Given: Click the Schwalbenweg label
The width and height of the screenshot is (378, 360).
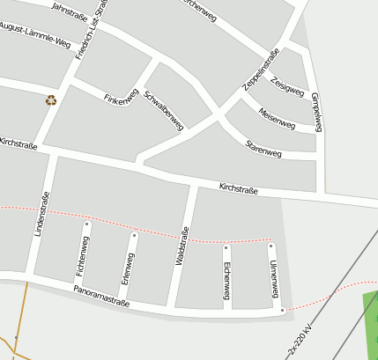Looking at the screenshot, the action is point(163,110).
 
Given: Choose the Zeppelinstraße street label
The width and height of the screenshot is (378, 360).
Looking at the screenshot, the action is point(262,70).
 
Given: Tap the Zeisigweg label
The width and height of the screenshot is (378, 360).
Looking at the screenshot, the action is point(288,86).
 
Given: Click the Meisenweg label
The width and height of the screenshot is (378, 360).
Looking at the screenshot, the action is point(277,118).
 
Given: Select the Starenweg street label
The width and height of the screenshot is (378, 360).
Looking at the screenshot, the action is point(263,148).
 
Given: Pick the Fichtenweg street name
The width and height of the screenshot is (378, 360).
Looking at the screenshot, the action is point(83,251).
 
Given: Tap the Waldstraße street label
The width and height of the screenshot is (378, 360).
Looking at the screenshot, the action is point(182,246).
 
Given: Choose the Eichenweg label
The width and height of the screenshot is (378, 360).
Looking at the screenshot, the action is point(226,279).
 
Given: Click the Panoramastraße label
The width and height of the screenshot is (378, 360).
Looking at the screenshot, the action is point(101,295).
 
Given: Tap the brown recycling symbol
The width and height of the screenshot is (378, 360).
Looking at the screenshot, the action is point(51,100).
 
